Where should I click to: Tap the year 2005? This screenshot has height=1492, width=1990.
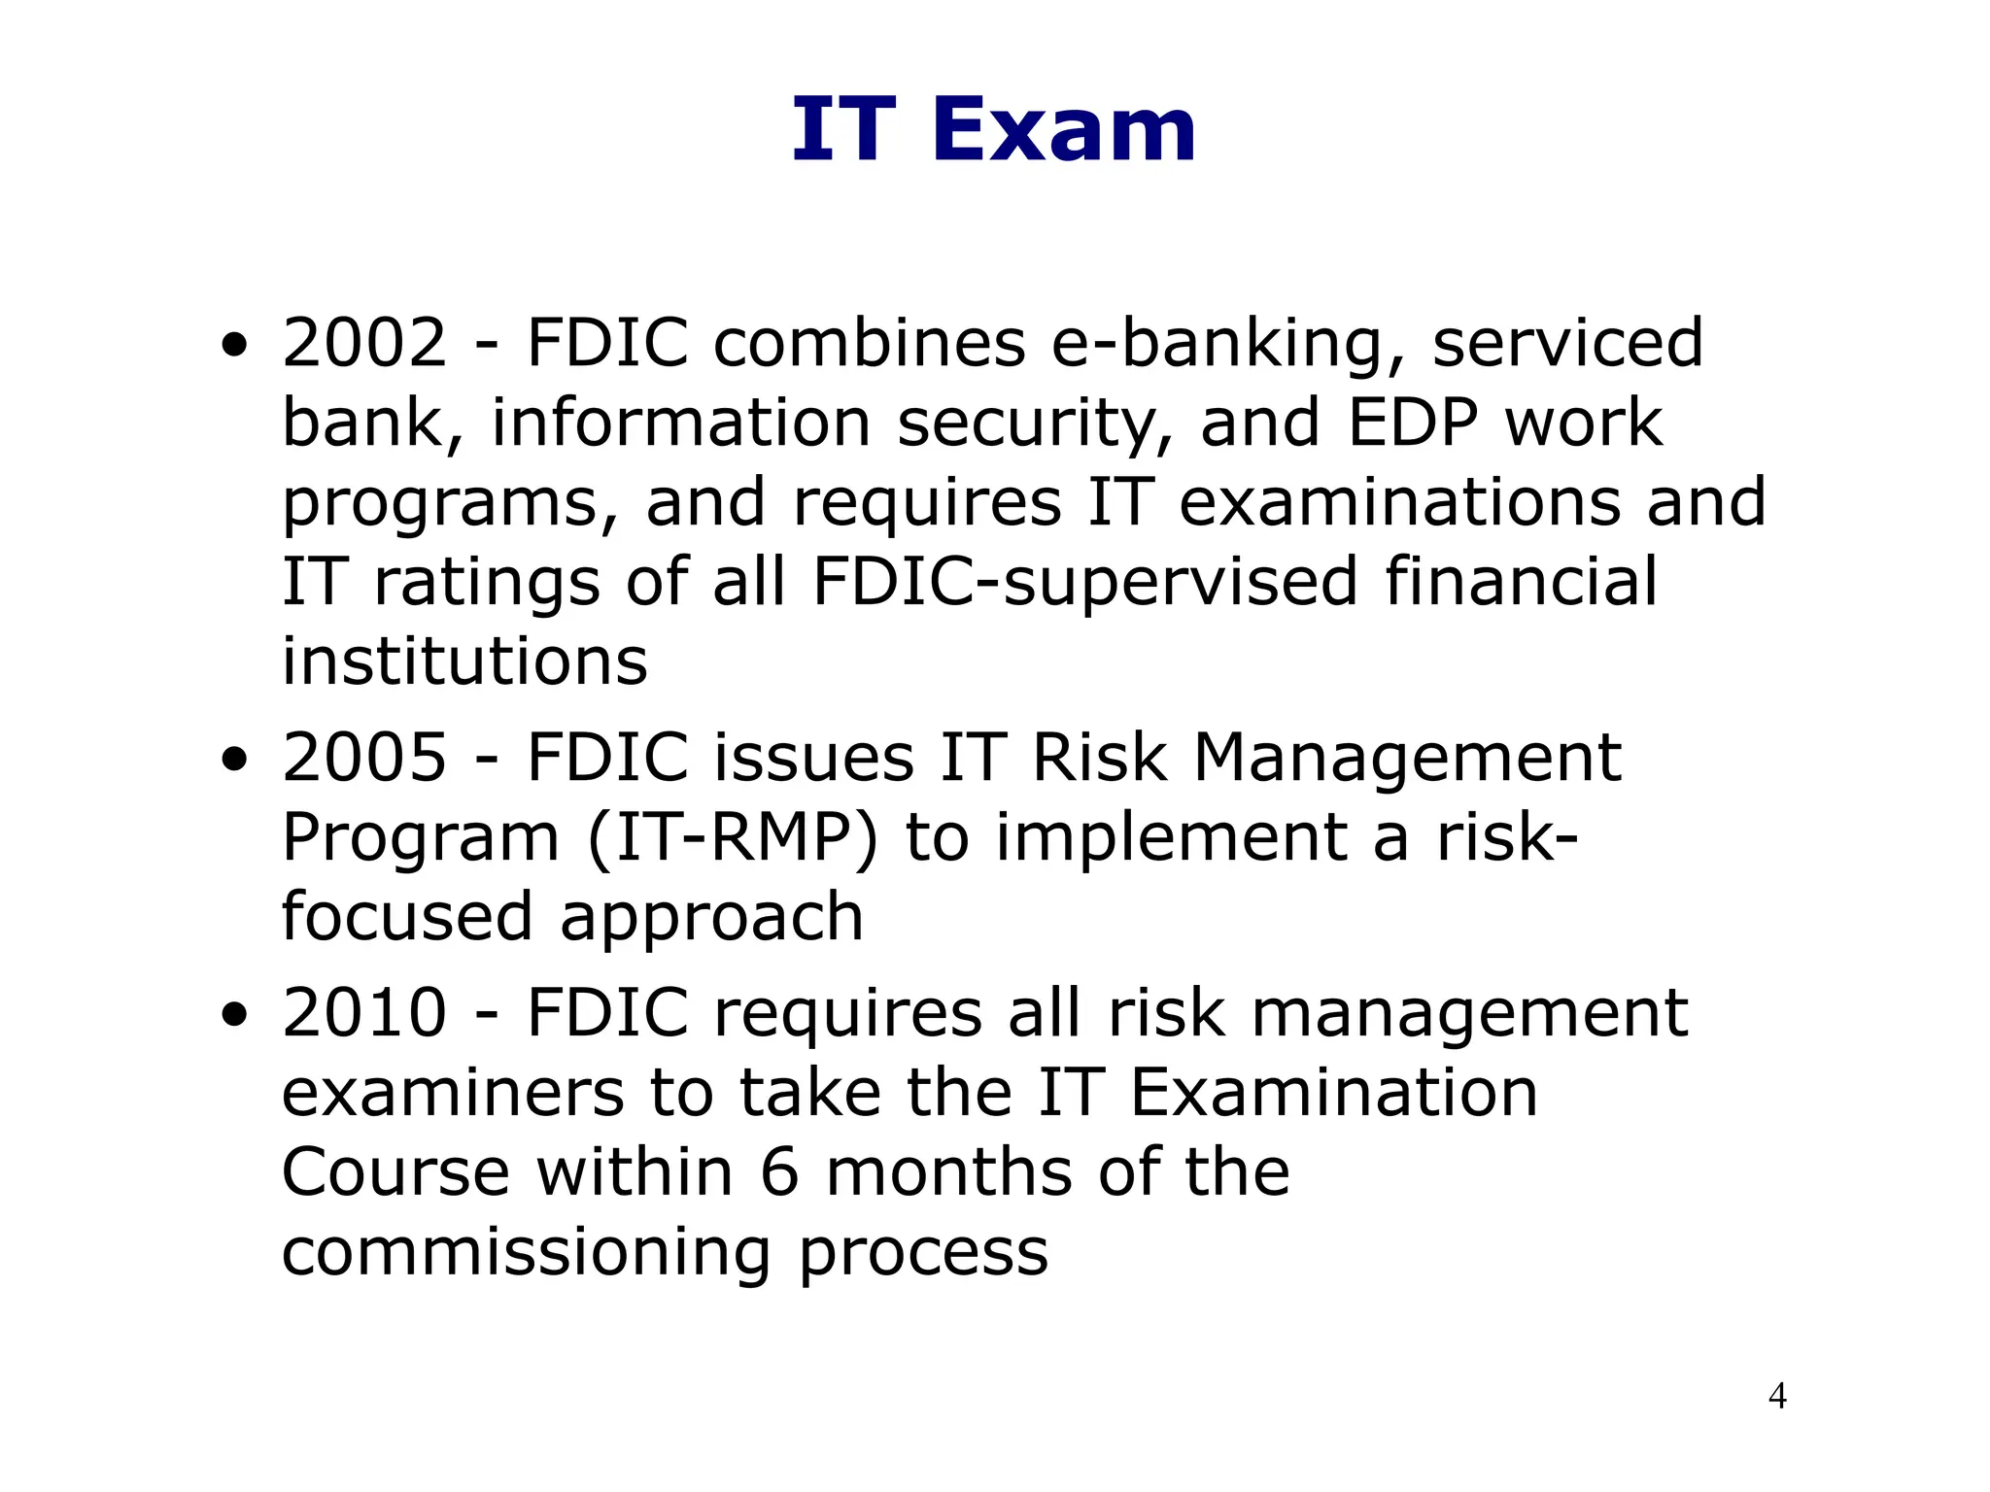(364, 758)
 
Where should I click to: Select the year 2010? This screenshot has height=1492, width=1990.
(364, 1013)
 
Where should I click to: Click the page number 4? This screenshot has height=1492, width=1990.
(1777, 1396)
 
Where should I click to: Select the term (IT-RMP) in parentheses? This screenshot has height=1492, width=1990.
(733, 838)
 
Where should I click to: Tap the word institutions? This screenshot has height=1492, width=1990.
(464, 662)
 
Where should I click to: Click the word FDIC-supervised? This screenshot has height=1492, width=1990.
(1084, 583)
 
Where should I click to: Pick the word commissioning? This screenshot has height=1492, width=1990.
(527, 1253)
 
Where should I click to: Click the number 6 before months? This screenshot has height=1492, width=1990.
(779, 1172)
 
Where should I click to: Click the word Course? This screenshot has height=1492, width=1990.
(395, 1172)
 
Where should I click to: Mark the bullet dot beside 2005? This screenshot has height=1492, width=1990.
(234, 760)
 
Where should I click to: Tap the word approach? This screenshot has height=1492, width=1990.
(711, 918)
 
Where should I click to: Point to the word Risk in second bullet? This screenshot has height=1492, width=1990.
(1098, 758)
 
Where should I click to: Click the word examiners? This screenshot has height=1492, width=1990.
(452, 1093)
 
